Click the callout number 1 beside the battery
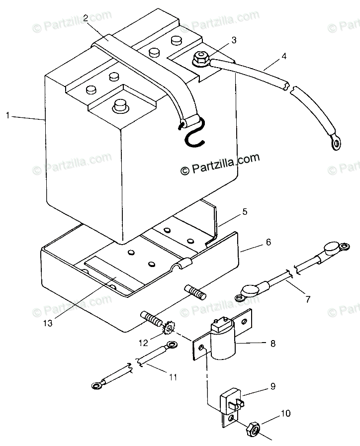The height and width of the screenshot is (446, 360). [7, 115]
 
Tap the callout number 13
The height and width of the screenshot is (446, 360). [48, 323]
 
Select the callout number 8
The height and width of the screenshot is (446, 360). [272, 344]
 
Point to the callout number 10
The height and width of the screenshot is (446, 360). [285, 413]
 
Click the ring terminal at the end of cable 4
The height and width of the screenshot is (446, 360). [336, 143]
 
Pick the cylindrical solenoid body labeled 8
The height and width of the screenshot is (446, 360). [224, 340]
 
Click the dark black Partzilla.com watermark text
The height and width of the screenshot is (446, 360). [220, 165]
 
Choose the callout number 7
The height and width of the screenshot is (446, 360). [307, 299]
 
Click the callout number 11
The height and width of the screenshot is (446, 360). [173, 377]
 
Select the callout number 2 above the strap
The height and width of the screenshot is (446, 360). [86, 17]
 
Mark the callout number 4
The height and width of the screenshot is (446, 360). [284, 56]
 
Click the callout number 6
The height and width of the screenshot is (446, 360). [268, 242]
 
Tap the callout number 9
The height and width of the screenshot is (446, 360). [272, 386]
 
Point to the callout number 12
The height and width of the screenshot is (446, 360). [144, 343]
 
